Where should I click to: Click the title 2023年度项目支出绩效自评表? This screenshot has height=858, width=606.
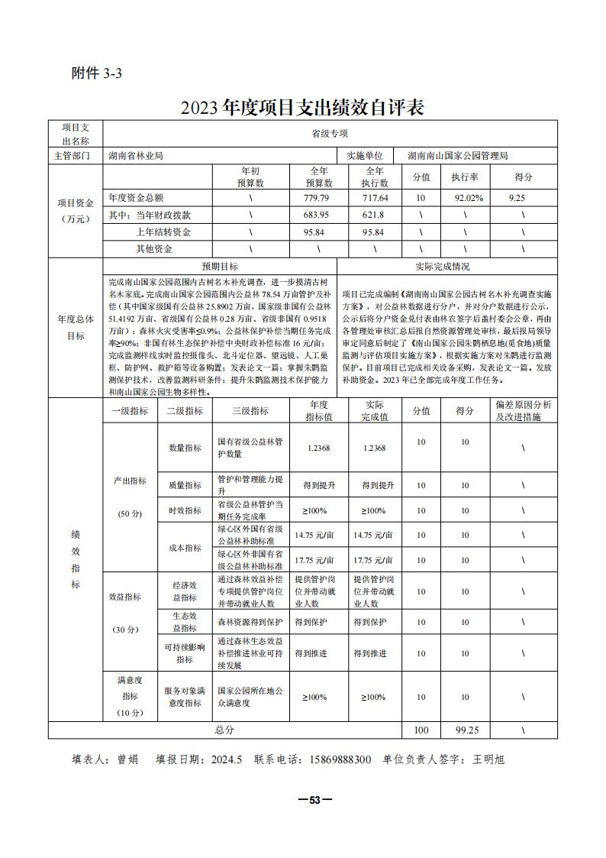(x=302, y=107)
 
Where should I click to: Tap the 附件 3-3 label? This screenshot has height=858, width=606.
(x=96, y=73)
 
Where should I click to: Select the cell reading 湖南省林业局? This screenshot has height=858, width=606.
(x=136, y=156)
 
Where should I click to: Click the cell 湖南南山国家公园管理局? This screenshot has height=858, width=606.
(x=457, y=156)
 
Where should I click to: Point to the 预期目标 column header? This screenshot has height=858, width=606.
(x=219, y=267)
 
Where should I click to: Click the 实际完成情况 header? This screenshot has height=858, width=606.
(x=446, y=267)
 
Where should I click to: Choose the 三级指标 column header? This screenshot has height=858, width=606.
(x=250, y=410)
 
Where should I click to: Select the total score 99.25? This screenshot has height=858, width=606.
(x=465, y=730)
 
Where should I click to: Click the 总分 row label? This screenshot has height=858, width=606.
(x=224, y=730)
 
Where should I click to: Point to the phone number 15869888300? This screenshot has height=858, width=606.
(x=331, y=759)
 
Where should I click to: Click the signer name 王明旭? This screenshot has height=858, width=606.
(x=488, y=759)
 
